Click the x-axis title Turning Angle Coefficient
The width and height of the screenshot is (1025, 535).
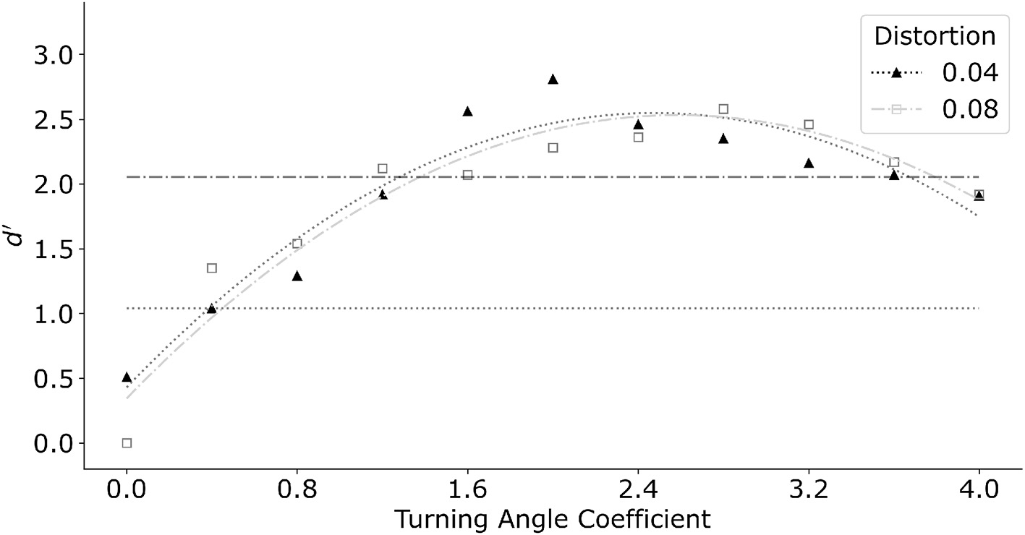552,518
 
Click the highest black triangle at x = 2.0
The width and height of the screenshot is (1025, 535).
553,79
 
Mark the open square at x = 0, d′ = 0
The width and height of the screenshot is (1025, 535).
127,443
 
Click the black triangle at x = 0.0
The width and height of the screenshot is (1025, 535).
127,377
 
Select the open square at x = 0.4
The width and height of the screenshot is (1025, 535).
212,268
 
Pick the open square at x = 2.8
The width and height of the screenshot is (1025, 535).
723,109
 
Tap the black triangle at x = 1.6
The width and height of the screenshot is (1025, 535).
467,111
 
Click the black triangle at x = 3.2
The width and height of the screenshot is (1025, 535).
809,163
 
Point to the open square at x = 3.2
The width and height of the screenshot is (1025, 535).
809,124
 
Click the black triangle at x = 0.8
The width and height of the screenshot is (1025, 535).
297,276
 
